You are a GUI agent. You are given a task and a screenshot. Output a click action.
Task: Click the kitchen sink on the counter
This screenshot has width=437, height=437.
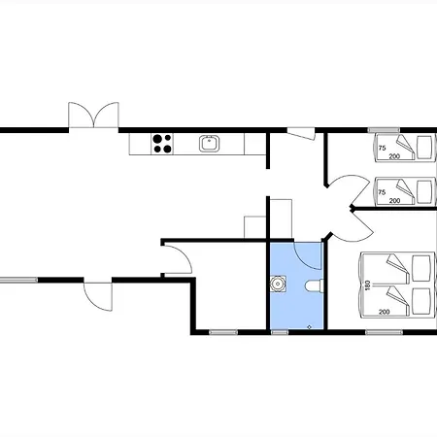[x=209, y=144]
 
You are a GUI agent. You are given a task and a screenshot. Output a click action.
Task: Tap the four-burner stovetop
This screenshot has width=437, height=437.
[x=162, y=144]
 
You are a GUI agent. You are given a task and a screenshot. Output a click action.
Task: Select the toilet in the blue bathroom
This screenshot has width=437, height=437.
[x=314, y=286]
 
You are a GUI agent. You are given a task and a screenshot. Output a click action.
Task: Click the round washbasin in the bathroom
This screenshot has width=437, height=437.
[x=278, y=284]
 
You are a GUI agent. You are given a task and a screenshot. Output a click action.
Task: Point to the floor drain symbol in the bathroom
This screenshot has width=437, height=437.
[x=309, y=327]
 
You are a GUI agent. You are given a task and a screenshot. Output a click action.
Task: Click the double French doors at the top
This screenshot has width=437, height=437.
[x=93, y=116]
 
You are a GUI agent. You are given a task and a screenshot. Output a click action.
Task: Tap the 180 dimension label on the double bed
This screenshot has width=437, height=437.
[x=367, y=286]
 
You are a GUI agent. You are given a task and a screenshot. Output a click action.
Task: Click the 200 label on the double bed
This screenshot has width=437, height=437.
[x=384, y=312]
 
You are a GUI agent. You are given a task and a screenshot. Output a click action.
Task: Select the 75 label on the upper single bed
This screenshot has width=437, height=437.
[x=382, y=148]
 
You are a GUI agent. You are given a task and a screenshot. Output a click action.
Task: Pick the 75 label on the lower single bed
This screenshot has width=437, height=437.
[x=382, y=192]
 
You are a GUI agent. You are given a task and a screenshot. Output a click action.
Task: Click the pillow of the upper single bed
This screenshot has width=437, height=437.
[x=424, y=148]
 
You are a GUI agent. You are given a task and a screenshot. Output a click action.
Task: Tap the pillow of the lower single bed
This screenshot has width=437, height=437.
[x=424, y=191]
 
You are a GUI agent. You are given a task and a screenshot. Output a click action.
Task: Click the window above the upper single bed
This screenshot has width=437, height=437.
[x=384, y=130]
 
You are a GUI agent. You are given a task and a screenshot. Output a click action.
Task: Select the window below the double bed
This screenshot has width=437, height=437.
[x=384, y=332]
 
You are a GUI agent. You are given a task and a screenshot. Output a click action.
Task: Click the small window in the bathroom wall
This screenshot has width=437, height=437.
[x=280, y=332]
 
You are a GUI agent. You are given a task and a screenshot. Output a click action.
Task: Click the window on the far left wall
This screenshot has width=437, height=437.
[x=18, y=280]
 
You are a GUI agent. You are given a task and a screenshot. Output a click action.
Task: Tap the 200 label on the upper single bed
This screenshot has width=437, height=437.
[x=394, y=156]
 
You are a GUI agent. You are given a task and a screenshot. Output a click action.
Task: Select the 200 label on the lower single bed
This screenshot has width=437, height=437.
[x=394, y=201]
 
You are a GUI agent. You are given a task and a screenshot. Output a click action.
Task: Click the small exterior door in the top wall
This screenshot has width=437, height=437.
[x=301, y=134]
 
